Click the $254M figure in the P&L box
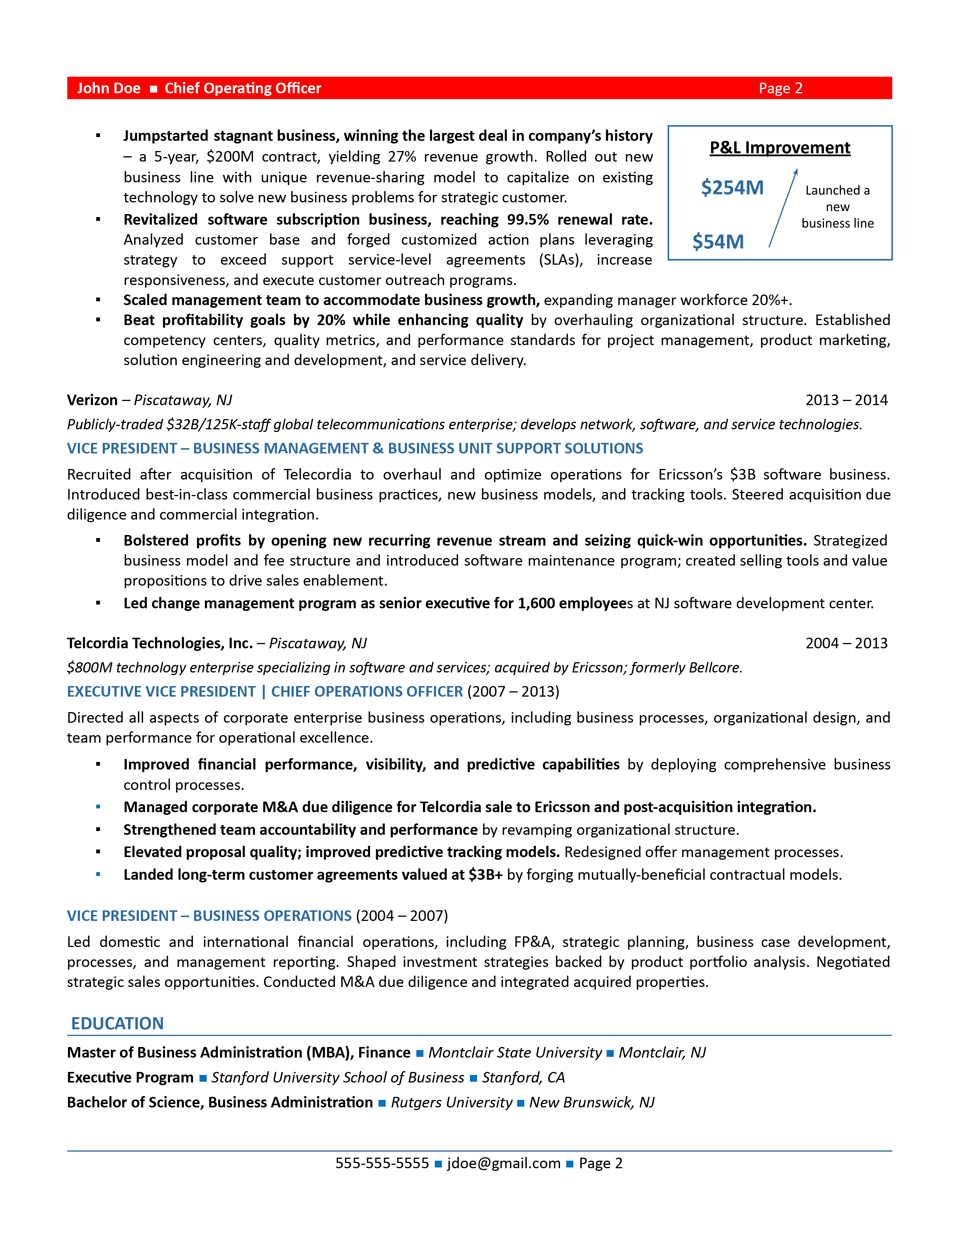point(732,188)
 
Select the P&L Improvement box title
point(779,148)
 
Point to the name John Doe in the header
point(108,88)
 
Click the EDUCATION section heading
point(117,1023)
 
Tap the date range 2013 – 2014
point(846,400)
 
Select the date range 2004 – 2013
point(846,643)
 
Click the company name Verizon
point(92,400)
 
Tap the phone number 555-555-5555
point(382,1163)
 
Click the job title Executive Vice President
point(161,691)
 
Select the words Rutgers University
point(451,1102)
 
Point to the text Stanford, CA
point(523,1077)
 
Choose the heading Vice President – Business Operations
point(209,916)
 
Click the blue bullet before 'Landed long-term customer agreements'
point(98,874)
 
